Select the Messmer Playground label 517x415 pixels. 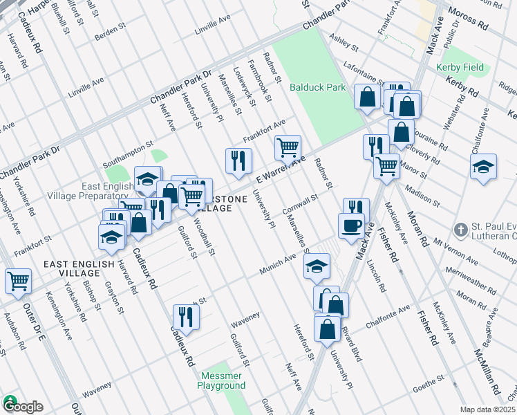click(223, 380)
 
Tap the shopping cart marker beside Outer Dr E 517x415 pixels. click(18, 281)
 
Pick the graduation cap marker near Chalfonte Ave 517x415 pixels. click(484, 167)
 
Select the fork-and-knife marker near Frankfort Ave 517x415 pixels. click(238, 160)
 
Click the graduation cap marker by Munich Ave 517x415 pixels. click(317, 266)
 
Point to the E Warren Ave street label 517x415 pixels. click(281, 169)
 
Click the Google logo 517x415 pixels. click(22, 406)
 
